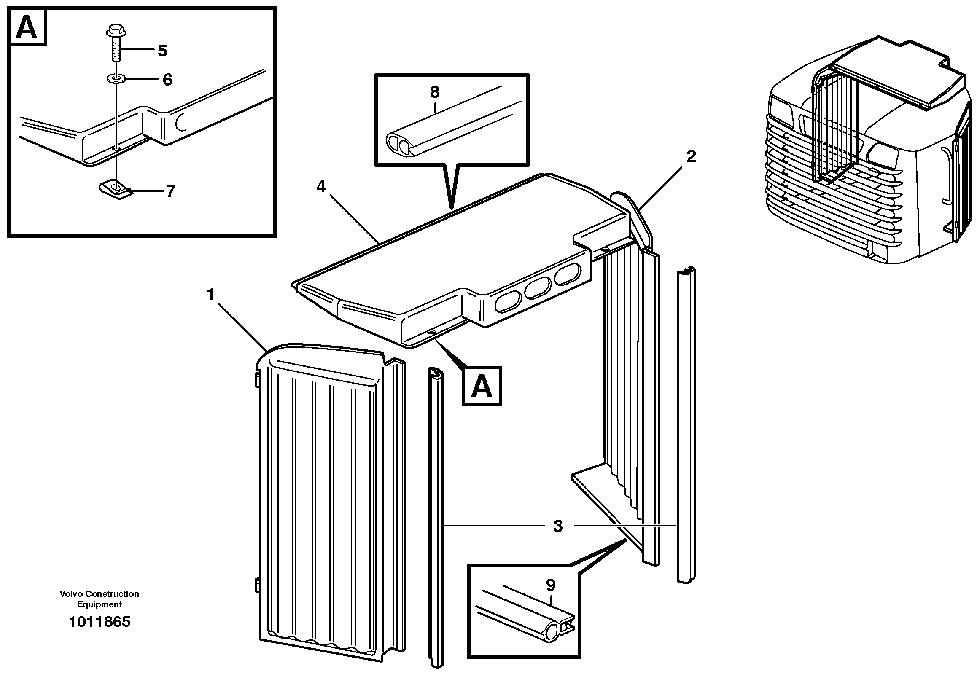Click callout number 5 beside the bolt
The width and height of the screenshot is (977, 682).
point(162,51)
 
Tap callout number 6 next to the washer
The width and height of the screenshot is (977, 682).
point(167,80)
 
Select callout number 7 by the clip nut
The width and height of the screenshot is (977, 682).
point(170,191)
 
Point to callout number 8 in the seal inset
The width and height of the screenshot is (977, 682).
point(434,92)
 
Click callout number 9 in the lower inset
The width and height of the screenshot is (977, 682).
point(551,585)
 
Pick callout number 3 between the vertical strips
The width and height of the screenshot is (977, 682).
point(558,526)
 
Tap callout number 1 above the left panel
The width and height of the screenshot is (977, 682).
point(211,294)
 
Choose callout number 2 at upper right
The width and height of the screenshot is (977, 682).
point(691,156)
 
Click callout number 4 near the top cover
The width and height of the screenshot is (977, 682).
point(321,186)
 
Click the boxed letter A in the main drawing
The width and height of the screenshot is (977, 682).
point(482,386)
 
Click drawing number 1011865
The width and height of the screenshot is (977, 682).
point(100,622)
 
